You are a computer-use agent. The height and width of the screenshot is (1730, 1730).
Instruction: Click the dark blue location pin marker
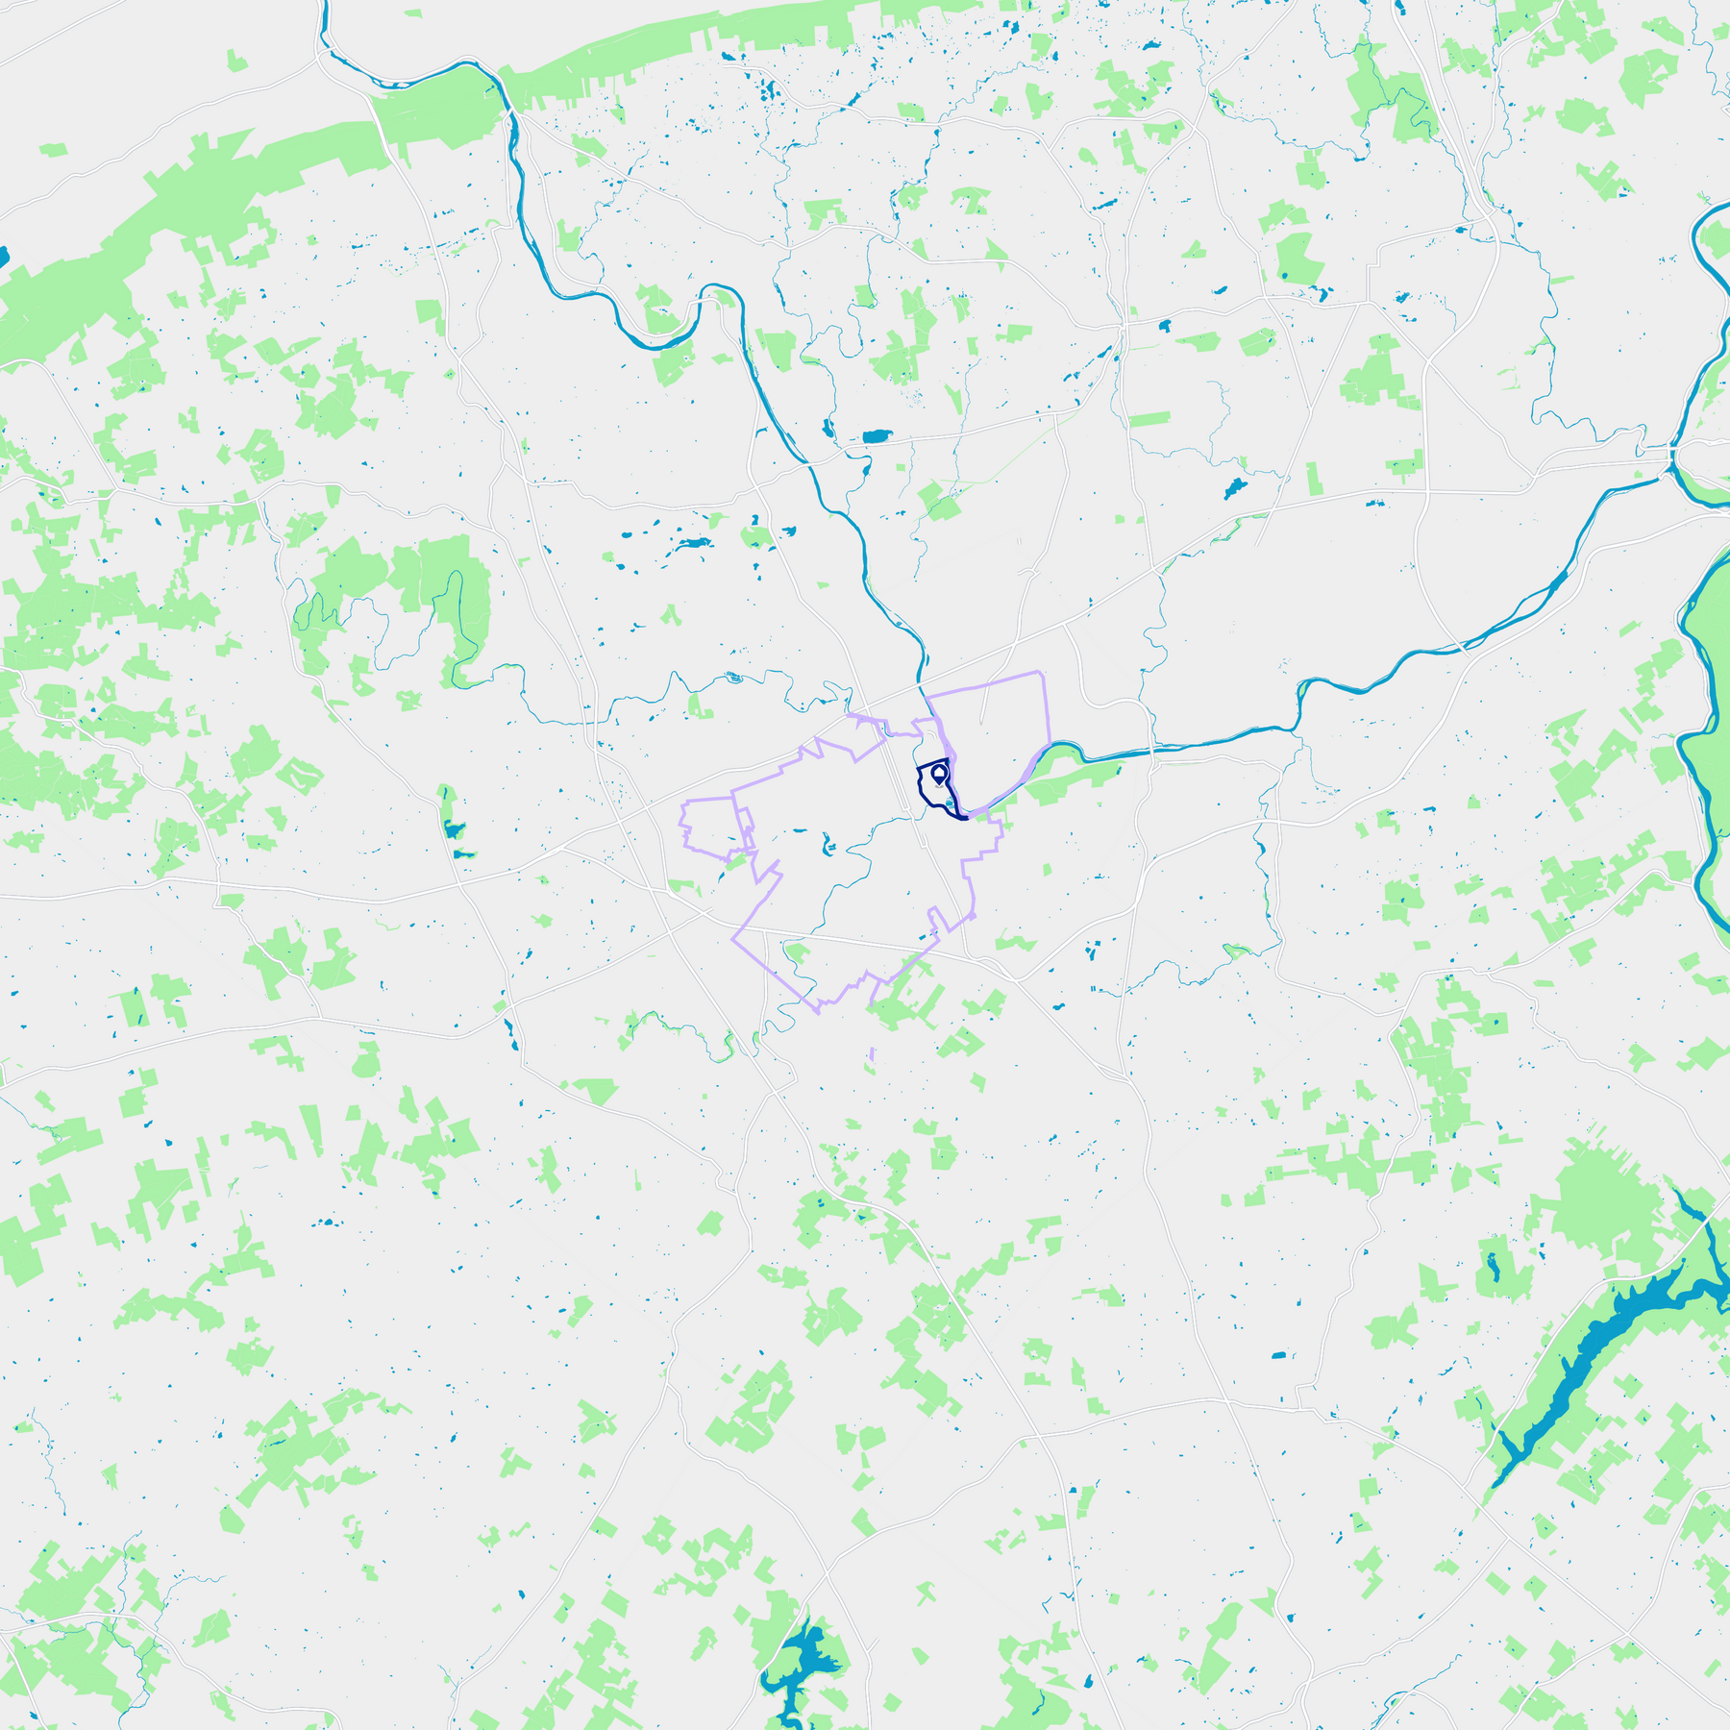(939, 773)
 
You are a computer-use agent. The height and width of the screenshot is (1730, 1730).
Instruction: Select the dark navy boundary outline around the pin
(919, 787)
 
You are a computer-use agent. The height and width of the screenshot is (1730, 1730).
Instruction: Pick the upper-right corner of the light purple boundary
(1042, 673)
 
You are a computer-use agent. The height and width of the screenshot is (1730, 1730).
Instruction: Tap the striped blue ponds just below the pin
(950, 803)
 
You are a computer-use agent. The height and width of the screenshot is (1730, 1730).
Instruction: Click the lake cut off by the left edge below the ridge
(3, 257)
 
